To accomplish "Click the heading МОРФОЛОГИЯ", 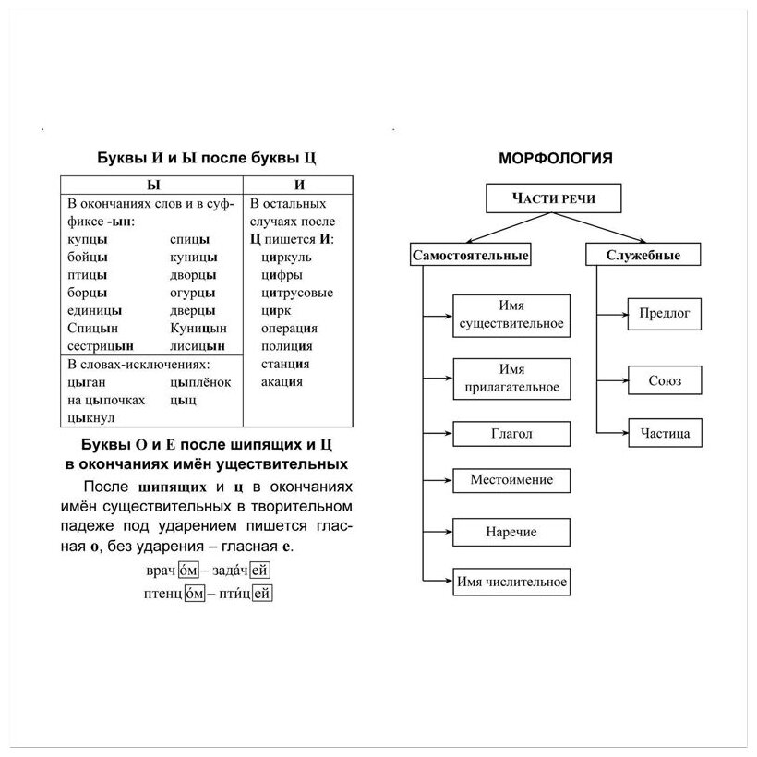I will coord(556,158).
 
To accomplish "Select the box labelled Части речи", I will coord(555,198).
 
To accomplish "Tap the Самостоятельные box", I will coord(471,256).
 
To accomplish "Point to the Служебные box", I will coord(643,256).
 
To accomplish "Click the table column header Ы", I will coord(153,185).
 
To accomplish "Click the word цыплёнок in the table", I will coord(200,382).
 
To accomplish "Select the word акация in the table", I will coord(282,381).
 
